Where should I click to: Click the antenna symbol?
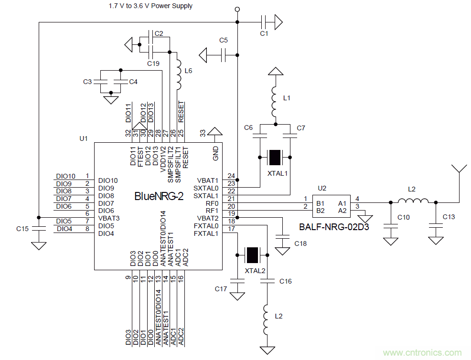(x=459, y=170)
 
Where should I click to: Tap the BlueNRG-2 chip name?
(x=159, y=196)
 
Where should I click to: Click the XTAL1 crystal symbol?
(x=275, y=157)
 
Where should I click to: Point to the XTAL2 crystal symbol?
(x=252, y=255)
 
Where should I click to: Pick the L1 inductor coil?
(x=275, y=102)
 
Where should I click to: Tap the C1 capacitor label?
(x=264, y=34)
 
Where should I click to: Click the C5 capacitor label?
(x=224, y=40)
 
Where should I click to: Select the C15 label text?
(x=22, y=229)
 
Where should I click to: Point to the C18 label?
(x=300, y=244)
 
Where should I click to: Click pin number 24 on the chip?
(x=231, y=176)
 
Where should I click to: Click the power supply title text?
(x=150, y=6)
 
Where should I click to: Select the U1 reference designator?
(x=84, y=138)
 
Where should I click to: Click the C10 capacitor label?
(x=404, y=217)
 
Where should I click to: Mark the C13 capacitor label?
(x=449, y=217)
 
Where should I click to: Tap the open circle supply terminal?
(x=237, y=10)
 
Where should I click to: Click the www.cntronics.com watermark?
(x=423, y=353)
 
